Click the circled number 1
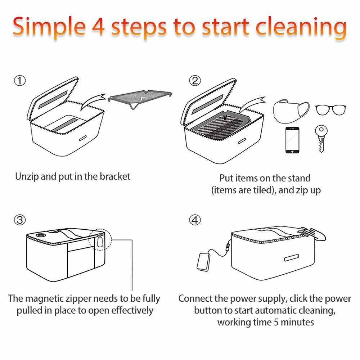(20, 81)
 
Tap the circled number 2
(195, 81)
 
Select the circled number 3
(20, 220)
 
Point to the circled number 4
(195, 220)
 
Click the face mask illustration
(291, 111)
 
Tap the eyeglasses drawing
(330, 110)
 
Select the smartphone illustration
(292, 140)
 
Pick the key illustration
(321, 139)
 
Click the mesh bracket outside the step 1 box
(140, 98)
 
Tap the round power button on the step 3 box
(41, 235)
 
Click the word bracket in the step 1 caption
(115, 176)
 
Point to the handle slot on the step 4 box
(292, 258)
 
